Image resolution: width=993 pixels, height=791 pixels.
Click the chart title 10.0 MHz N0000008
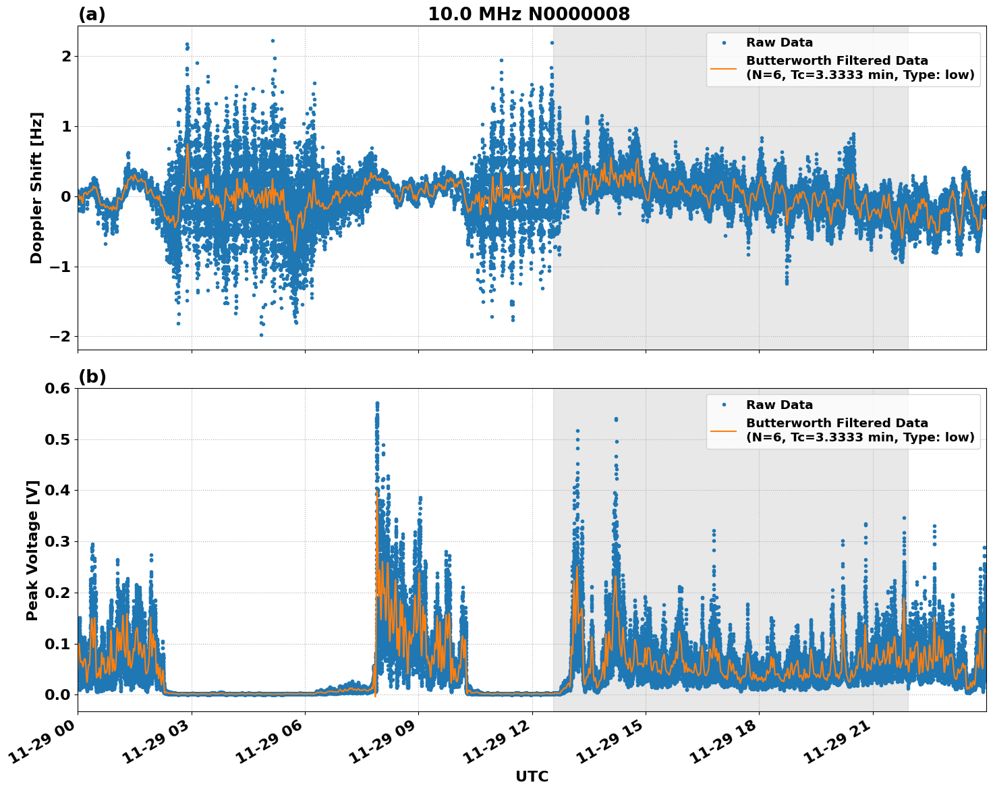click(528, 14)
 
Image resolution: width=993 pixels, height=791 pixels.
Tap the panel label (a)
click(92, 14)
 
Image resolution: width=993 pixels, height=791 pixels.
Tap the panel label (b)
click(92, 377)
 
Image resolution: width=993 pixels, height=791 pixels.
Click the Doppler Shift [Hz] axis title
click(36, 188)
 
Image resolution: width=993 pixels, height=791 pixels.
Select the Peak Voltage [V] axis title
click(32, 550)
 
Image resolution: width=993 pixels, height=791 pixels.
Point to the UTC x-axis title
click(532, 776)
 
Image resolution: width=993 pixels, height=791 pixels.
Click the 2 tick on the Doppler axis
click(65, 56)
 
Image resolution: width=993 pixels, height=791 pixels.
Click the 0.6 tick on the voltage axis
click(57, 388)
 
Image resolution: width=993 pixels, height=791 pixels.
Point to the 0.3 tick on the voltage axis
click(57, 541)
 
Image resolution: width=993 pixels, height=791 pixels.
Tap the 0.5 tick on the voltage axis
click(57, 439)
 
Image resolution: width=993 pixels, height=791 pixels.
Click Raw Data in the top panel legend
click(779, 43)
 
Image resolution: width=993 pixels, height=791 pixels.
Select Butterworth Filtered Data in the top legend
click(836, 61)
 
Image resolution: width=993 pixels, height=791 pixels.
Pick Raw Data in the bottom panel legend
click(779, 405)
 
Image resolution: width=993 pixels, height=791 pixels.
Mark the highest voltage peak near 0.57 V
click(377, 404)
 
